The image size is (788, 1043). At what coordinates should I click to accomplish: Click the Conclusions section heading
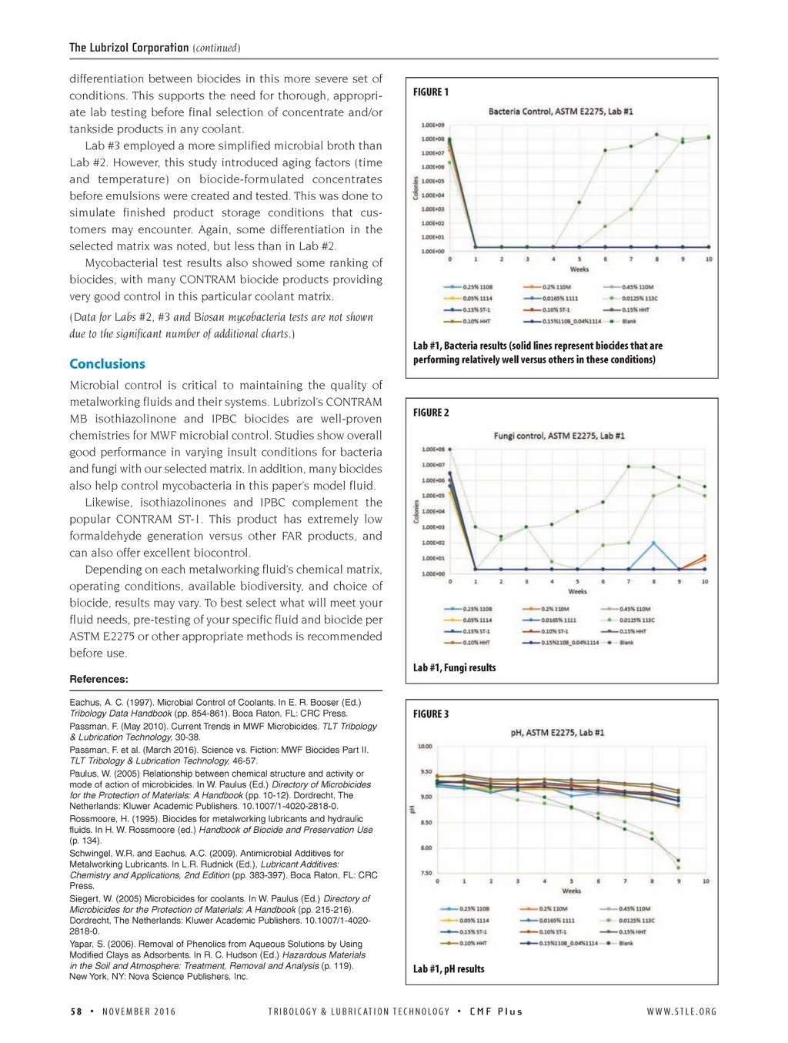107,364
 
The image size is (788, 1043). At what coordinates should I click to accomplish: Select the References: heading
98,679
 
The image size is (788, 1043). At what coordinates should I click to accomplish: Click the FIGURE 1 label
431,92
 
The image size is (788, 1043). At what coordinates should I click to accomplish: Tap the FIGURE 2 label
431,413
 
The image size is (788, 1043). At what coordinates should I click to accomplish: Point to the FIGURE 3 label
431,714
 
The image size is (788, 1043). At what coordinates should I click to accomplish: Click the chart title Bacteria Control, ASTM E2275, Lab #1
560,112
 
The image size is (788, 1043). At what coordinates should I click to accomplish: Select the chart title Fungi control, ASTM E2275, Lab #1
559,436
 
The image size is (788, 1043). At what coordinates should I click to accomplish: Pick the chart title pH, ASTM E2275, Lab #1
557,733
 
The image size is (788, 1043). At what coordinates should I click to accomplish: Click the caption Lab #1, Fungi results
454,668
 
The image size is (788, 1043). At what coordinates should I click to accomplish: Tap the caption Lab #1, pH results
449,969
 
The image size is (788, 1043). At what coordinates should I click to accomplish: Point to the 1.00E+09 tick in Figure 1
432,125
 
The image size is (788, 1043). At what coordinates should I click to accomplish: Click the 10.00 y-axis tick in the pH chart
425,747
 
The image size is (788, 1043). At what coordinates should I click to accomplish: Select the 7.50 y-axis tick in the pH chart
425,874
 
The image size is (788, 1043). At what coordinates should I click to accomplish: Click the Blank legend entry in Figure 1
629,321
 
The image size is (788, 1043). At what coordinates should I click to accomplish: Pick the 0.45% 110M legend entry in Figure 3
635,909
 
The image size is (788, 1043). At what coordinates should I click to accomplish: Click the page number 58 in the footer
76,1011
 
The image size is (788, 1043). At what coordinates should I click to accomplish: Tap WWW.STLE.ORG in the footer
681,1011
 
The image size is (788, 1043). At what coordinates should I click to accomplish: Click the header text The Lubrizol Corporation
129,48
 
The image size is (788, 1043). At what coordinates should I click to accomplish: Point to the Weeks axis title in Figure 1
579,269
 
